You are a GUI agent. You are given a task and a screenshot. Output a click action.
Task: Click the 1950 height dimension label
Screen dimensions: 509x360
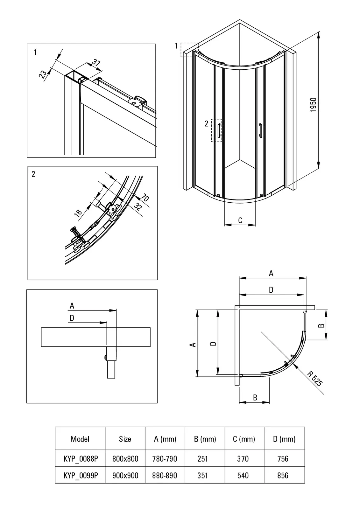(x=314, y=105)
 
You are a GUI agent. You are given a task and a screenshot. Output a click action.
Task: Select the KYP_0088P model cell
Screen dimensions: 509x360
(x=81, y=459)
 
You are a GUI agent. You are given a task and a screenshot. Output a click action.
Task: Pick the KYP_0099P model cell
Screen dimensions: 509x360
(x=81, y=475)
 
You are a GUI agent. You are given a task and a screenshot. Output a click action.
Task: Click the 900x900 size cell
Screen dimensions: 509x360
(x=125, y=475)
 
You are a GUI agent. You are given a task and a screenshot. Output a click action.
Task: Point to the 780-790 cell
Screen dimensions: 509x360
(x=165, y=459)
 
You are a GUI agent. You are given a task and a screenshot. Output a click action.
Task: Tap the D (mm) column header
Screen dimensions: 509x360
(x=284, y=439)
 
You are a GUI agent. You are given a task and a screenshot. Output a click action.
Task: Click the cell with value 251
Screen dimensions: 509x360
(x=202, y=459)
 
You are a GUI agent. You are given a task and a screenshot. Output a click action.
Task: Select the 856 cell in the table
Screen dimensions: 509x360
(x=283, y=475)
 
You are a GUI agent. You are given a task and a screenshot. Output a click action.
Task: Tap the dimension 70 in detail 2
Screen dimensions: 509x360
(x=145, y=198)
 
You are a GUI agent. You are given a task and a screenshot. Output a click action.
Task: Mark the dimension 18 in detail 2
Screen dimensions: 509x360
(x=78, y=213)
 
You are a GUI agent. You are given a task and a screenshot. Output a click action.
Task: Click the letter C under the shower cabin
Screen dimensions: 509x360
(x=240, y=220)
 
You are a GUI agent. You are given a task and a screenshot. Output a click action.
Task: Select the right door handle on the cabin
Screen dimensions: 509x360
(x=260, y=130)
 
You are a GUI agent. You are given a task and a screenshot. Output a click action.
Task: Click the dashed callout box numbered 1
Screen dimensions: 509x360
(x=189, y=50)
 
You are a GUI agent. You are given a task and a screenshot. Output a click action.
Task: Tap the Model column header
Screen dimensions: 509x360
(x=80, y=439)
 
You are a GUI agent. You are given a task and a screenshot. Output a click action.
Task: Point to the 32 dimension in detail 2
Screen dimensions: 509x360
(x=138, y=207)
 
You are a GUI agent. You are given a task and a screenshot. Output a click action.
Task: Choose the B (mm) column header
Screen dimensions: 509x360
(x=205, y=439)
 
